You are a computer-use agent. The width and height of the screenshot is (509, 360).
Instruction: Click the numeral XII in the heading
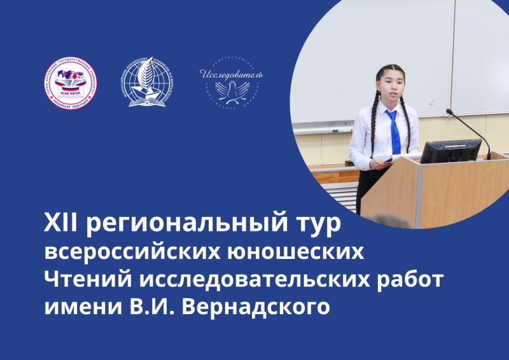pos(60,225)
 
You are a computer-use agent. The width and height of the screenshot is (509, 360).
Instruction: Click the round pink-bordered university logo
pos(70,84)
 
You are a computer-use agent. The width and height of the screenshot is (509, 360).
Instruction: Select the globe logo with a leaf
pos(147,84)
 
